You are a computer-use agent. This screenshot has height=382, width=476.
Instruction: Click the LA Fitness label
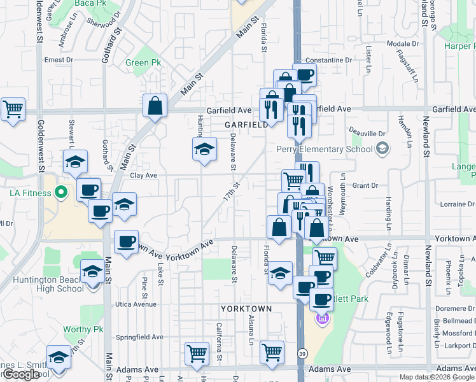pos(29,192)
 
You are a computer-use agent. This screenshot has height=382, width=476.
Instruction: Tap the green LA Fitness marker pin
pos(60,192)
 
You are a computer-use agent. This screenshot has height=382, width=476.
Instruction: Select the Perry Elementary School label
pos(325,150)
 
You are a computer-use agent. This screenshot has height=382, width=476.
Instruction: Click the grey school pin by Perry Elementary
pos(382,150)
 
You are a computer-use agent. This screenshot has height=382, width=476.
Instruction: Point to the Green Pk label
pos(143,63)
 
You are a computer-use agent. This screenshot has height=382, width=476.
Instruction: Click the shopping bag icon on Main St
pos(155,106)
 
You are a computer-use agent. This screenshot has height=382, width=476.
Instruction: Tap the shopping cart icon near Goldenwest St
pos(13,110)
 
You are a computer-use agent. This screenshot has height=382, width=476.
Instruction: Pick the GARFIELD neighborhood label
pos(246,125)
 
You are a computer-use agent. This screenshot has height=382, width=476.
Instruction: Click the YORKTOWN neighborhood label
pos(246,309)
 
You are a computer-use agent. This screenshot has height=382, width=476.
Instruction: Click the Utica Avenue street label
pos(136,304)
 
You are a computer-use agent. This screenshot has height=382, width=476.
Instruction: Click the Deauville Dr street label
pos(368,134)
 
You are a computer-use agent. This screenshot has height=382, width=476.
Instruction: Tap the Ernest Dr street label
pos(59,60)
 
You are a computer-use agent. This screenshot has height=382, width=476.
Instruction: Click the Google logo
pos(21,374)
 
